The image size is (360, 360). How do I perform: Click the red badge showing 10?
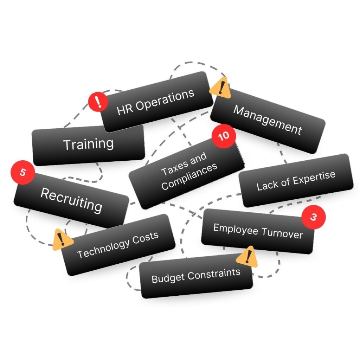pyautogui.click(x=224, y=136)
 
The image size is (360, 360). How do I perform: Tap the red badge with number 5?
pyautogui.click(x=23, y=172)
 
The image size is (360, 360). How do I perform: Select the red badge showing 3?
pyautogui.click(x=313, y=217)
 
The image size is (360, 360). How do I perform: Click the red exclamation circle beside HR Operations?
pyautogui.click(x=98, y=102)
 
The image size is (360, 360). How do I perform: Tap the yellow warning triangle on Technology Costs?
pyautogui.click(x=62, y=239)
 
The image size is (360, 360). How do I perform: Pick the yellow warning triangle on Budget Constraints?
pyautogui.click(x=247, y=257)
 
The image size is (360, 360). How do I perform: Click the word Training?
pyautogui.click(x=88, y=144)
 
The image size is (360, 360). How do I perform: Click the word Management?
pyautogui.click(x=268, y=120)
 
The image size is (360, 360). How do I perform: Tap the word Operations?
pyautogui.click(x=165, y=99)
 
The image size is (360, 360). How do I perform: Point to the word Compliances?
pyautogui.click(x=189, y=176)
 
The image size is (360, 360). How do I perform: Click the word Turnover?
pyautogui.click(x=282, y=232)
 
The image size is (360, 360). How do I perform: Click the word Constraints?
pyautogui.click(x=214, y=274)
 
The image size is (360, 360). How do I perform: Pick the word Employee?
pyautogui.click(x=236, y=229)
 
